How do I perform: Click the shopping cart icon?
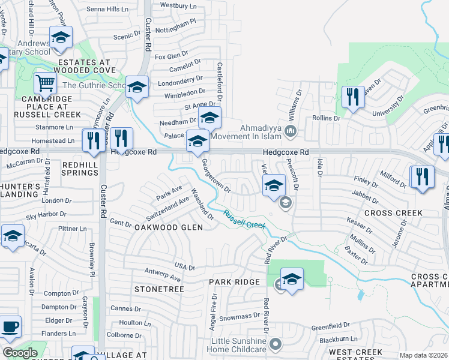pos(45,83)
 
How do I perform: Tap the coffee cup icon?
pos(10,327)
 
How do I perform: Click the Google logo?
pos(20,353)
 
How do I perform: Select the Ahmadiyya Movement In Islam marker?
pos(291,131)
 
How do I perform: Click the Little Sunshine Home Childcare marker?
pos(276,344)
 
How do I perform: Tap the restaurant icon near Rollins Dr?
pos(352,97)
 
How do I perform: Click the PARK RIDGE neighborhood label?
pos(234,282)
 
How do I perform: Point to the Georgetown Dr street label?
pos(216,175)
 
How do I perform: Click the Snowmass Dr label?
pos(239,317)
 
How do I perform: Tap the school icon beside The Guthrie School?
pos(137,87)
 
